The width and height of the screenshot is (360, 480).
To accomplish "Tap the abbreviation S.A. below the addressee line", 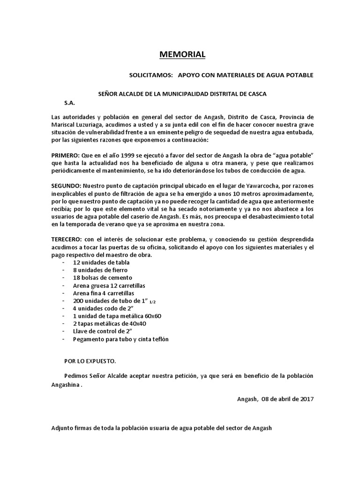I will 69,102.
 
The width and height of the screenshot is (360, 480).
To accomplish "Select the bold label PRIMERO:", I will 65,155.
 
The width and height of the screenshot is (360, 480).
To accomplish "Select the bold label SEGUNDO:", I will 66,186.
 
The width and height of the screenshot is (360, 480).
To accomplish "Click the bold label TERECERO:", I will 67,240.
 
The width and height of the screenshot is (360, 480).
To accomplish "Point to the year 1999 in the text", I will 129,155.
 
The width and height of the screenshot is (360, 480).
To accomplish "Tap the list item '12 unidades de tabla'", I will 101,262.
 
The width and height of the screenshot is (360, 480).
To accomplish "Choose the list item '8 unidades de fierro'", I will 100,270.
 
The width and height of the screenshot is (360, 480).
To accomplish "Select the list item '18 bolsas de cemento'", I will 102,278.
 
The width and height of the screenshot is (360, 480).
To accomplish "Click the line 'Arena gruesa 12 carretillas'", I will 109,285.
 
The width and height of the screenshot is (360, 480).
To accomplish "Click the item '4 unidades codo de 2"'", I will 103,308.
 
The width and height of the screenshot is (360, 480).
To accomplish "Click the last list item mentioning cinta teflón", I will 120,339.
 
